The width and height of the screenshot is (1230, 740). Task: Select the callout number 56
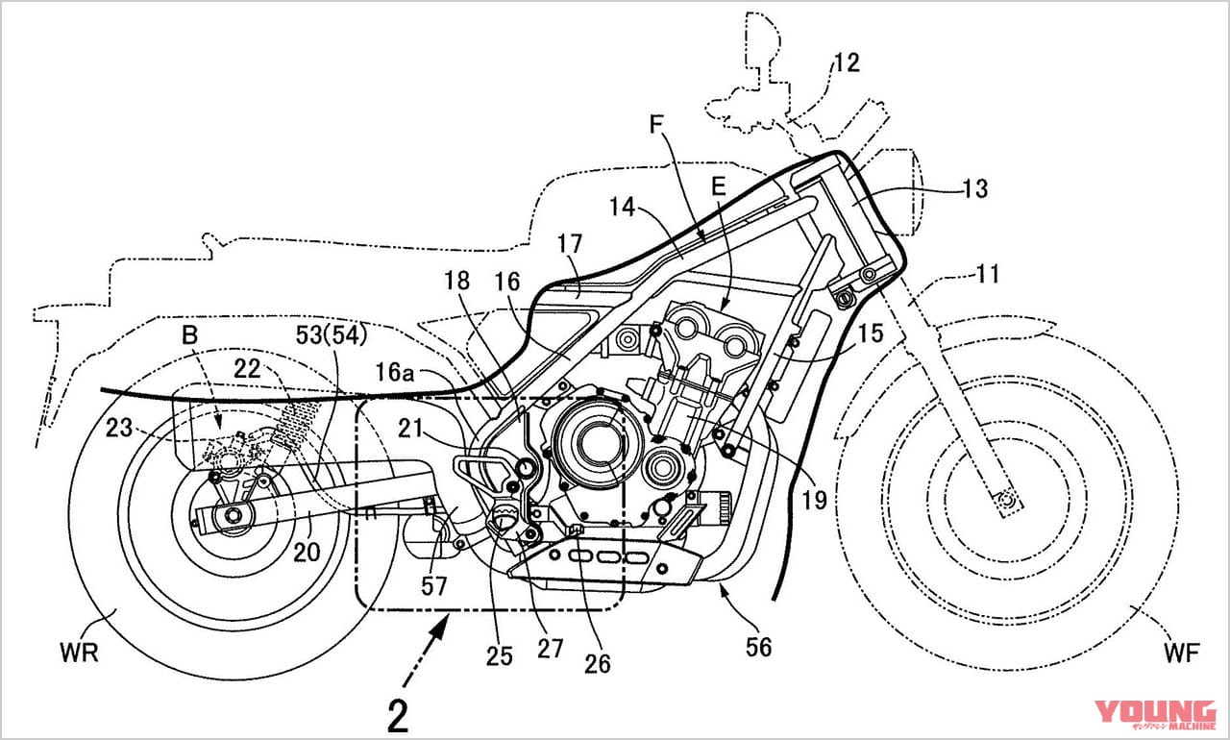pyautogui.click(x=759, y=647)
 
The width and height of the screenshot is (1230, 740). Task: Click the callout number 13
pyautogui.click(x=973, y=188)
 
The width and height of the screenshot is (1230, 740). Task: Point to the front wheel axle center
pyautogui.click(x=1006, y=499)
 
